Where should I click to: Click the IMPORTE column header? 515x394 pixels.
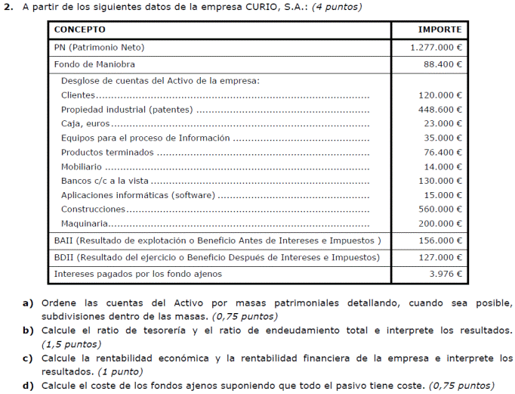(x=439, y=29)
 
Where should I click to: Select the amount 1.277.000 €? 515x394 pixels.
(x=436, y=47)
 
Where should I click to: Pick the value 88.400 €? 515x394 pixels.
(x=442, y=64)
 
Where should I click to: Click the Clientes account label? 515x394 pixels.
(x=78, y=95)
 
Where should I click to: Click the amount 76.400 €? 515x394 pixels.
(x=442, y=152)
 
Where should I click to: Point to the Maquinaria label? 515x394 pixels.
(x=84, y=223)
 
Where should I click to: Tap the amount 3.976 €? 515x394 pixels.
(x=445, y=273)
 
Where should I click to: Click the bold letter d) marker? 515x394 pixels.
(x=28, y=385)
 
